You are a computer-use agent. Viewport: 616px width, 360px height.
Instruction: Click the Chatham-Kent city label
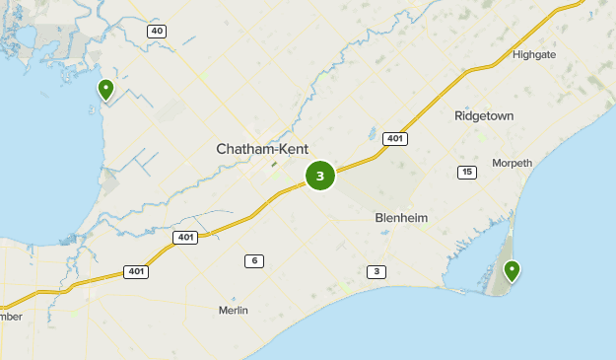click(x=262, y=149)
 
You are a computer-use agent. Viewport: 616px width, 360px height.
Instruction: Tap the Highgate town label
click(x=534, y=54)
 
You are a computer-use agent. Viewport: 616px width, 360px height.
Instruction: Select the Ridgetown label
click(x=484, y=115)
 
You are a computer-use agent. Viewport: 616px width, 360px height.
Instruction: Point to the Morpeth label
click(x=512, y=163)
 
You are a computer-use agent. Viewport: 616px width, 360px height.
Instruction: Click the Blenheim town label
click(x=401, y=217)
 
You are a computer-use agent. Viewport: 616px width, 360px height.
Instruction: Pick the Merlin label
click(x=233, y=310)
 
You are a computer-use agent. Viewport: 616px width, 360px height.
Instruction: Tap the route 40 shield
click(x=157, y=32)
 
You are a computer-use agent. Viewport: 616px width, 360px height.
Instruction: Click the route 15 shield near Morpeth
click(x=466, y=173)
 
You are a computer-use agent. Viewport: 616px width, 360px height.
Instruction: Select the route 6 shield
click(x=254, y=260)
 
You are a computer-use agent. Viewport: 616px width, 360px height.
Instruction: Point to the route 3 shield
click(x=376, y=271)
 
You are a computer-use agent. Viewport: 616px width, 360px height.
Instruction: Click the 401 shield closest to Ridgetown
click(x=394, y=138)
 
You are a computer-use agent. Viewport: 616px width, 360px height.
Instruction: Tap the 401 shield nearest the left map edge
click(x=135, y=271)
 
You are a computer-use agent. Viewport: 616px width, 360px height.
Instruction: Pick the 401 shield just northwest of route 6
click(x=184, y=237)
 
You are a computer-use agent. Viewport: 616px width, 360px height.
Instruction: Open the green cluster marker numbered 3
click(x=320, y=176)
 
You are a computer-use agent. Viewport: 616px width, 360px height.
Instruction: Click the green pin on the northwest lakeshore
click(x=105, y=90)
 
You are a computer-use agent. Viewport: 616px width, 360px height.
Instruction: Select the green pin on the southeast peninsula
click(x=512, y=270)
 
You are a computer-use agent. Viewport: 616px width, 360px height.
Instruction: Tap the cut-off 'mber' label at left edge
click(x=10, y=316)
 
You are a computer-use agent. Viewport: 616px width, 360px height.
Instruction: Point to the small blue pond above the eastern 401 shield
click(x=373, y=130)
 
